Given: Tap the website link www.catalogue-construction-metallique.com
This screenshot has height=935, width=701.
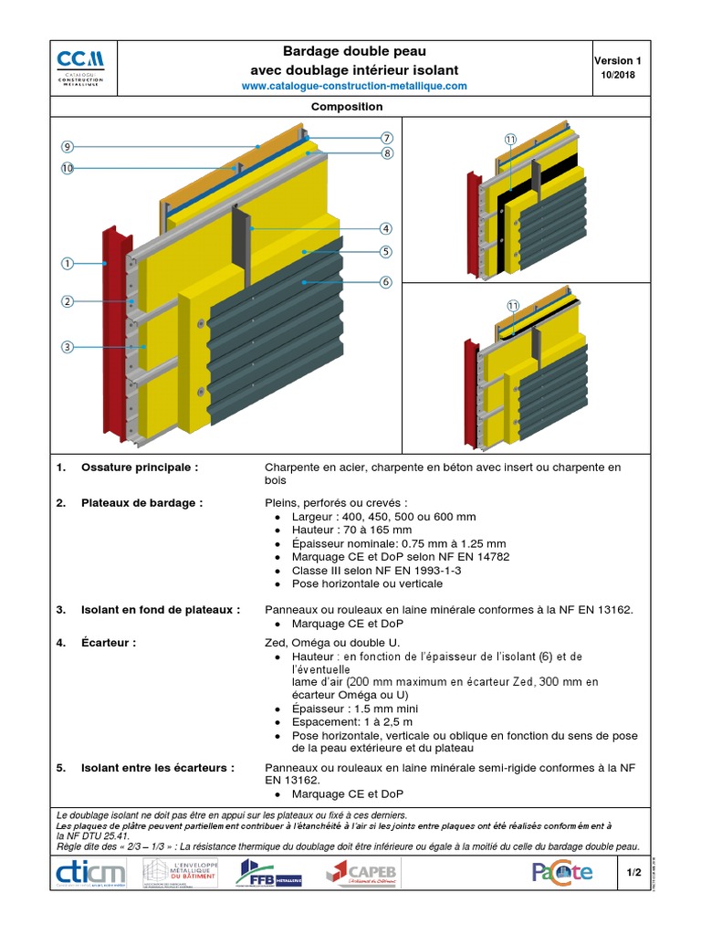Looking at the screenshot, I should (x=354, y=86).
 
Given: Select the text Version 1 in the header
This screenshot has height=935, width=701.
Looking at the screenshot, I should (x=618, y=60).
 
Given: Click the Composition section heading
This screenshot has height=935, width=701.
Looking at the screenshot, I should (x=347, y=107).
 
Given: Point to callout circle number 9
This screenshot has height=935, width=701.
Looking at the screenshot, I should (x=68, y=146).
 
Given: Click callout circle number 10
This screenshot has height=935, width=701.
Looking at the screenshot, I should (x=68, y=168).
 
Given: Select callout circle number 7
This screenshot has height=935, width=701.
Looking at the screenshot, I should (x=387, y=137).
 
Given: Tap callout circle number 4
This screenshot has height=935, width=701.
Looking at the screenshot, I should (x=386, y=228).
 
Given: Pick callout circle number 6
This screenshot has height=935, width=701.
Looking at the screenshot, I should (x=386, y=282).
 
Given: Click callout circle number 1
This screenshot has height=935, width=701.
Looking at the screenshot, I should (x=68, y=264).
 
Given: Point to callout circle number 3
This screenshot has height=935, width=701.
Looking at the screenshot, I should (x=68, y=346).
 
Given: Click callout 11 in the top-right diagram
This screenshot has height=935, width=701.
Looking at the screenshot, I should (x=510, y=140).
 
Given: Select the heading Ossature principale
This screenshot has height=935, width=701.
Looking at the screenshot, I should (x=140, y=467).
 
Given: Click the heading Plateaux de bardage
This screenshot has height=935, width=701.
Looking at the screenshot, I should (x=142, y=502).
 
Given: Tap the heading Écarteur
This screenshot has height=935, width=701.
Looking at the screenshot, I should (x=109, y=643).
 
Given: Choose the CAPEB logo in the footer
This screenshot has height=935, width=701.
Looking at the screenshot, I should (x=362, y=873).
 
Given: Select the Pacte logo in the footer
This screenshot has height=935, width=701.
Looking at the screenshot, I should (x=562, y=873).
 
